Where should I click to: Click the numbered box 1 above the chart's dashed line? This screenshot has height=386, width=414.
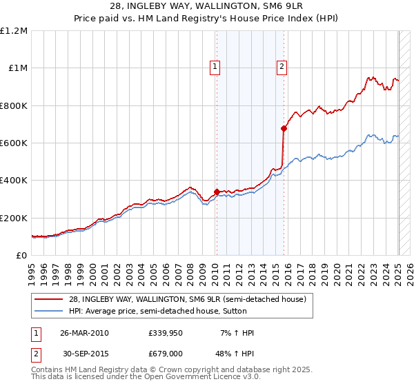tap(215, 67)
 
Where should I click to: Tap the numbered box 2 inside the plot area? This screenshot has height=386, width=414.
tap(282, 67)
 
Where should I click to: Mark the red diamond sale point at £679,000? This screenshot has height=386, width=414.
tap(284, 128)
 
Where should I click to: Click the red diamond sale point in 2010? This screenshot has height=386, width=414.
tap(217, 192)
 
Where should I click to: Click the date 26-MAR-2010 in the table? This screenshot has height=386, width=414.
tap(85, 333)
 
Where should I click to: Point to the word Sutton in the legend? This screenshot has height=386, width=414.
tap(295, 311)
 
